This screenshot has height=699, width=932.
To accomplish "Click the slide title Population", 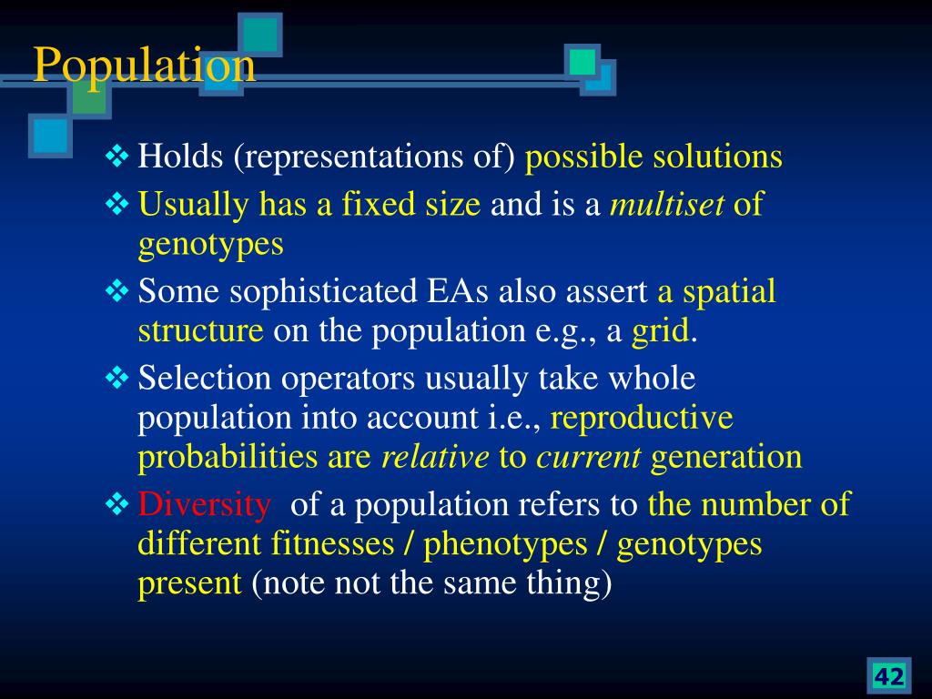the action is [145, 66].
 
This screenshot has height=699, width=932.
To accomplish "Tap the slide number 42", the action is [888, 676].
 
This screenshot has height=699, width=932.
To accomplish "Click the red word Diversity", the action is [205, 505].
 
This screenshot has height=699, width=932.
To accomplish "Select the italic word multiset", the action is [667, 204].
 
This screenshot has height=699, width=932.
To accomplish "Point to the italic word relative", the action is [435, 457].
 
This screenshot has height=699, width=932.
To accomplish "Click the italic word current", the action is [589, 457].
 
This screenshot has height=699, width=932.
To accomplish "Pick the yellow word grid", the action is [661, 331].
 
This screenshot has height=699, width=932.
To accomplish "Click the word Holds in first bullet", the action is [181, 157].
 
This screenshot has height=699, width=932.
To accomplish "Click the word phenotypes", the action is [505, 545].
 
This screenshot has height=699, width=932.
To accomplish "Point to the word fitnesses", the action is [333, 544].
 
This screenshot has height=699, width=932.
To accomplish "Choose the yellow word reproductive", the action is [642, 418].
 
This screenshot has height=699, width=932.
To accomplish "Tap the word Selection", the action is [205, 378].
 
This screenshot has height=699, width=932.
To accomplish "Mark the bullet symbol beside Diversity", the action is [117, 504].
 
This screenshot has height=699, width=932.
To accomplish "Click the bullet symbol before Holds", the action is [117, 157].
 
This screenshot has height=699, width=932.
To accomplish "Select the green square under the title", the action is [89, 96].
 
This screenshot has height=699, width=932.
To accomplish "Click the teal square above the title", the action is [259, 35].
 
